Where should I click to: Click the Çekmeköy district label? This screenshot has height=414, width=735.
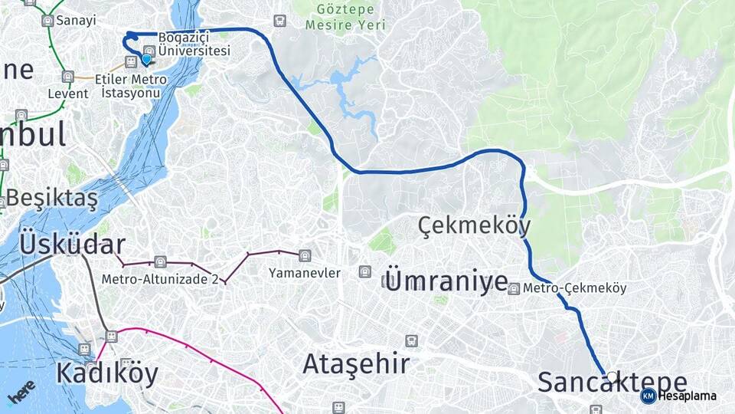(475, 225)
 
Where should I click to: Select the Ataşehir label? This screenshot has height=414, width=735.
(356, 363)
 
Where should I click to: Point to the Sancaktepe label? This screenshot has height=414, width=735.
(612, 382)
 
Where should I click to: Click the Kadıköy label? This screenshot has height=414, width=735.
(106, 373)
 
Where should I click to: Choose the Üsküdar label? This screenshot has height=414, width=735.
(72, 244)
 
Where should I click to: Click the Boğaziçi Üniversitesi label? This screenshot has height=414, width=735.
(194, 44)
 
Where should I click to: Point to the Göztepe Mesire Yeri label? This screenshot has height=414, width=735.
(345, 17)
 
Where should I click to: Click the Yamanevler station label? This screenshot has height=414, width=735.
(305, 273)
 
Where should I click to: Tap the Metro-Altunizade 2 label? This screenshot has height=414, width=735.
(160, 279)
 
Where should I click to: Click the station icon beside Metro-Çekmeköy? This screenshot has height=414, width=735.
(514, 289)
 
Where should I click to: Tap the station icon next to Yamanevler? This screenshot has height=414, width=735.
(305, 255)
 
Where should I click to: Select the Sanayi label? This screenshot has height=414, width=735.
(74, 21)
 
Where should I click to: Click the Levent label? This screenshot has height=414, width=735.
(68, 94)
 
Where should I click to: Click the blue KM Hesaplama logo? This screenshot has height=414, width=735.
(648, 396)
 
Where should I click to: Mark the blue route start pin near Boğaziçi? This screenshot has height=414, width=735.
(147, 58)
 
